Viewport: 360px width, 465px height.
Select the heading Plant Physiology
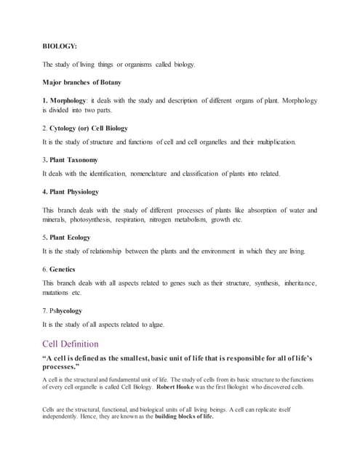coord(73,192)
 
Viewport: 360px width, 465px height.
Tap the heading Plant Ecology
coord(69,237)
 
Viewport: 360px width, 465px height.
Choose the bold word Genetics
coord(66,269)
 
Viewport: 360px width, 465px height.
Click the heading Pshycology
coord(65,311)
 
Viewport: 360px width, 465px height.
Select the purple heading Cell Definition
coord(71,344)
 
